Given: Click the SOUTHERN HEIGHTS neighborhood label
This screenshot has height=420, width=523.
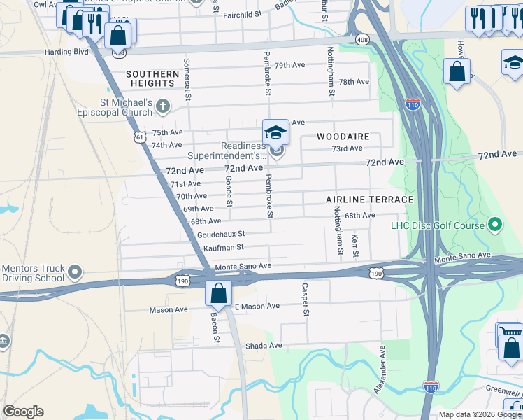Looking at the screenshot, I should pyautogui.click(x=152, y=78).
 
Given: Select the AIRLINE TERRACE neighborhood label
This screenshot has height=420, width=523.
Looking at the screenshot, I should pyautogui.click(x=369, y=199).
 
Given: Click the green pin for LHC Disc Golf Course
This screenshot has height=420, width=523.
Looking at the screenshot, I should pyautogui.click(x=496, y=225).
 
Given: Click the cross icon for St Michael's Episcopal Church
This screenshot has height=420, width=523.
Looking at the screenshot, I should pyautogui.click(x=163, y=107).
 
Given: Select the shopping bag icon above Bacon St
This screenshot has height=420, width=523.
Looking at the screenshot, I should pyautogui.click(x=218, y=293).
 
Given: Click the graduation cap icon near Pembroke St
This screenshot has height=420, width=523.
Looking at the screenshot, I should pyautogui.click(x=275, y=132).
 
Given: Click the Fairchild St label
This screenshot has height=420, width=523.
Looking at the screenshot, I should pyautogui.click(x=242, y=13).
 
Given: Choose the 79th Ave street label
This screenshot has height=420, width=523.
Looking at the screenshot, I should pyautogui.click(x=289, y=65).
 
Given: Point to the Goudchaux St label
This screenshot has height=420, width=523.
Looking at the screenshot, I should pyautogui.click(x=221, y=234).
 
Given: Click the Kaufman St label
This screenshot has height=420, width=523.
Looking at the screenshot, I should pyautogui.click(x=223, y=247).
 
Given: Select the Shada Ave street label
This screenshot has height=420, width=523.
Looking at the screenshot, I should pyautogui.click(x=263, y=345).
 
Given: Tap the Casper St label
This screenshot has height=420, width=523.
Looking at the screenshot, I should pyautogui.click(x=305, y=299).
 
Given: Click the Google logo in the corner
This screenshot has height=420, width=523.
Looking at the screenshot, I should pyautogui.click(x=23, y=412).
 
